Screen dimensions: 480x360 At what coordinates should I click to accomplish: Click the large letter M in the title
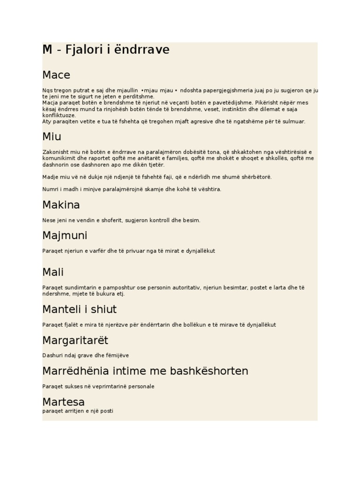tap(47, 50)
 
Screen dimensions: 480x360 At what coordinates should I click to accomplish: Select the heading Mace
tap(56, 75)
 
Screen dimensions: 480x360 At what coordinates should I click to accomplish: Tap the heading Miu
tap(52, 137)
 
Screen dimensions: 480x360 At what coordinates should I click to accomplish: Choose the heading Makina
tap(61, 205)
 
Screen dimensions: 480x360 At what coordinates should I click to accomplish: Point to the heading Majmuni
tap(65, 236)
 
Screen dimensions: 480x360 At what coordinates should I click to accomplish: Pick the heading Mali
tap(53, 272)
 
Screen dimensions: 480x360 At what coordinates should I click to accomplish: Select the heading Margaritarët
tap(75, 340)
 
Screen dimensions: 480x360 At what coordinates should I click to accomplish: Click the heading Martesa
tap(63, 402)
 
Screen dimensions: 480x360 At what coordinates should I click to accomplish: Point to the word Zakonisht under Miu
tap(55, 152)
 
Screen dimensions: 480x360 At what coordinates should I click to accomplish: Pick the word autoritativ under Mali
tap(184, 287)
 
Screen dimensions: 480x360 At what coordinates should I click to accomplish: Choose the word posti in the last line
tap(106, 411)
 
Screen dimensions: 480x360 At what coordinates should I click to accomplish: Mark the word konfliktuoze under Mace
tap(59, 115)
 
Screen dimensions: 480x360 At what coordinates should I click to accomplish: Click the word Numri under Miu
tap(50, 189)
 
